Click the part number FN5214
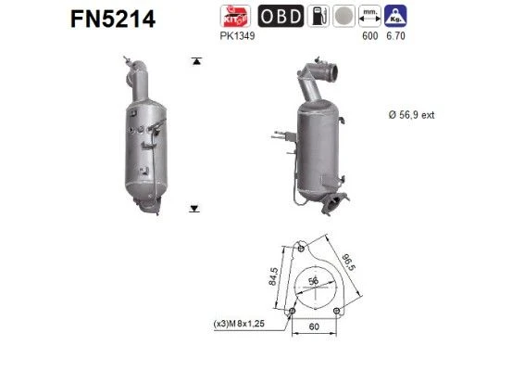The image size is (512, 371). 113,19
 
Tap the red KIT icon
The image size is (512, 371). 235,16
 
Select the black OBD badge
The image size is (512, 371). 281,16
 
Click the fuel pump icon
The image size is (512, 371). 318,16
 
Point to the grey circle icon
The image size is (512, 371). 343,16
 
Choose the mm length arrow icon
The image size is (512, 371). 369,16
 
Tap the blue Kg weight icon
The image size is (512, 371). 395,16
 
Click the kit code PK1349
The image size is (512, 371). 237,35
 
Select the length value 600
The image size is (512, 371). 370,35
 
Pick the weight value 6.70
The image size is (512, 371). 395,35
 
